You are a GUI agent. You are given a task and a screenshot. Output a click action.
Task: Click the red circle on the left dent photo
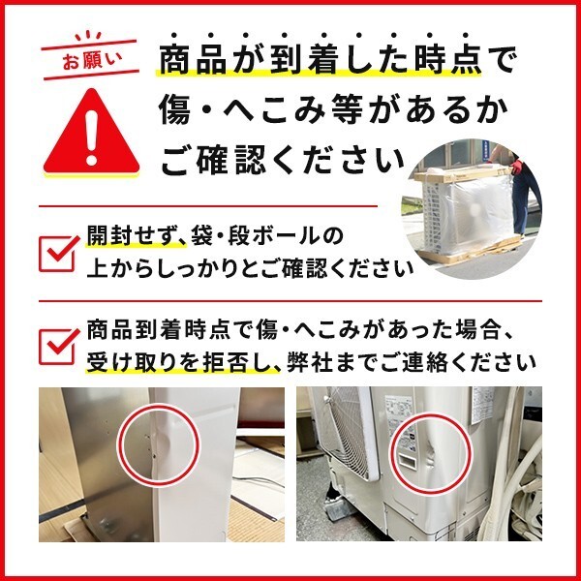pos(158,446)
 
